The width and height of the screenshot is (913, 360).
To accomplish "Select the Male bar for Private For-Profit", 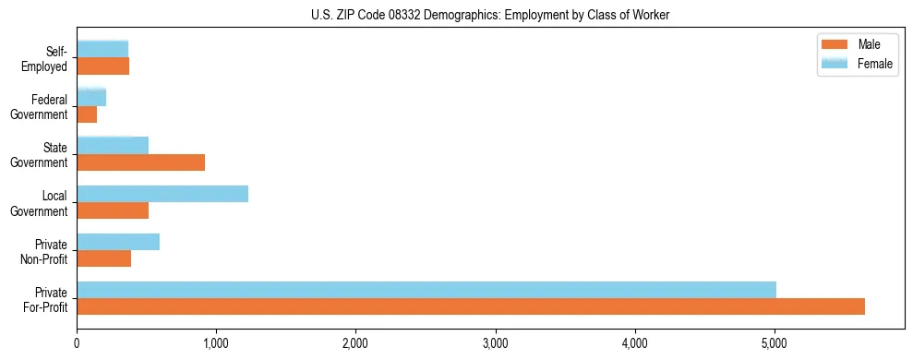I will point(470,306).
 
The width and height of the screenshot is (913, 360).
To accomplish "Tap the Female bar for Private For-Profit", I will point(426,290).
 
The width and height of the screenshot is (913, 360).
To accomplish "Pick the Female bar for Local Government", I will point(162,194).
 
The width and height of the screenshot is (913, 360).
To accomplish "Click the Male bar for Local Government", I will point(113,210).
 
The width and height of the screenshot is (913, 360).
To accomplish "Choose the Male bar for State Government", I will point(140,162).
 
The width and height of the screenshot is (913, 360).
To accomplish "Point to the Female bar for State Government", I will point(113,146).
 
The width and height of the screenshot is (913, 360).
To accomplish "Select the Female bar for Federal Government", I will point(91,98).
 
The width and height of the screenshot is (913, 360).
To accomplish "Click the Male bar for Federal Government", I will point(87,114).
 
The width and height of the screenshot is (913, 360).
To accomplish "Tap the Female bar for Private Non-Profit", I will point(118,242).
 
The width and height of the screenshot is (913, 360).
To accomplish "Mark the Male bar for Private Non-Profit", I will point(103,258).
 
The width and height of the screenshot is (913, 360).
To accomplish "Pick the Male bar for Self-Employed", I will point(102,66).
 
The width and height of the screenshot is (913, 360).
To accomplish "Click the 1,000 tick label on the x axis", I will point(216,343).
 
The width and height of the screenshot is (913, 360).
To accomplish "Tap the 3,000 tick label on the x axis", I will point(495,343).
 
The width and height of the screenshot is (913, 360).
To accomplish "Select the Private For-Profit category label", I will point(46,298).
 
